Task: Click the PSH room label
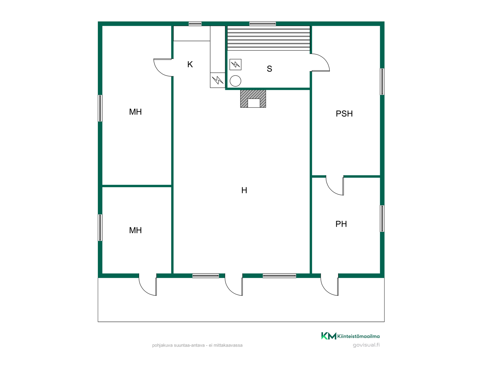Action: pos(344,114)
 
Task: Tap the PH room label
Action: pos(341,224)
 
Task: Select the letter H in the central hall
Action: pos(244,190)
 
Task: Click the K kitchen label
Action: pos(190,65)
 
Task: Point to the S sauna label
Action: pos(269,69)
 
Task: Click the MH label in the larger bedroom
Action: pos(135,112)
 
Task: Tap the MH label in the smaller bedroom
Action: pos(135,230)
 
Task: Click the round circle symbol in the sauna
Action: pos(235,81)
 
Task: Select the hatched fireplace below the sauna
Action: pos(253,99)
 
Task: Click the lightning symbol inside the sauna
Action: pos(235,65)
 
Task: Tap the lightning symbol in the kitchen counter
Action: pos(218,80)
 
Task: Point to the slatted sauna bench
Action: pos(269,38)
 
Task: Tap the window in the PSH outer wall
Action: pos(382,82)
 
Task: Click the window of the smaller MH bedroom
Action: pos(100,228)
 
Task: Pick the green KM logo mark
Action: pos(329,336)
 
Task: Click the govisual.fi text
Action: pos(366,345)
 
